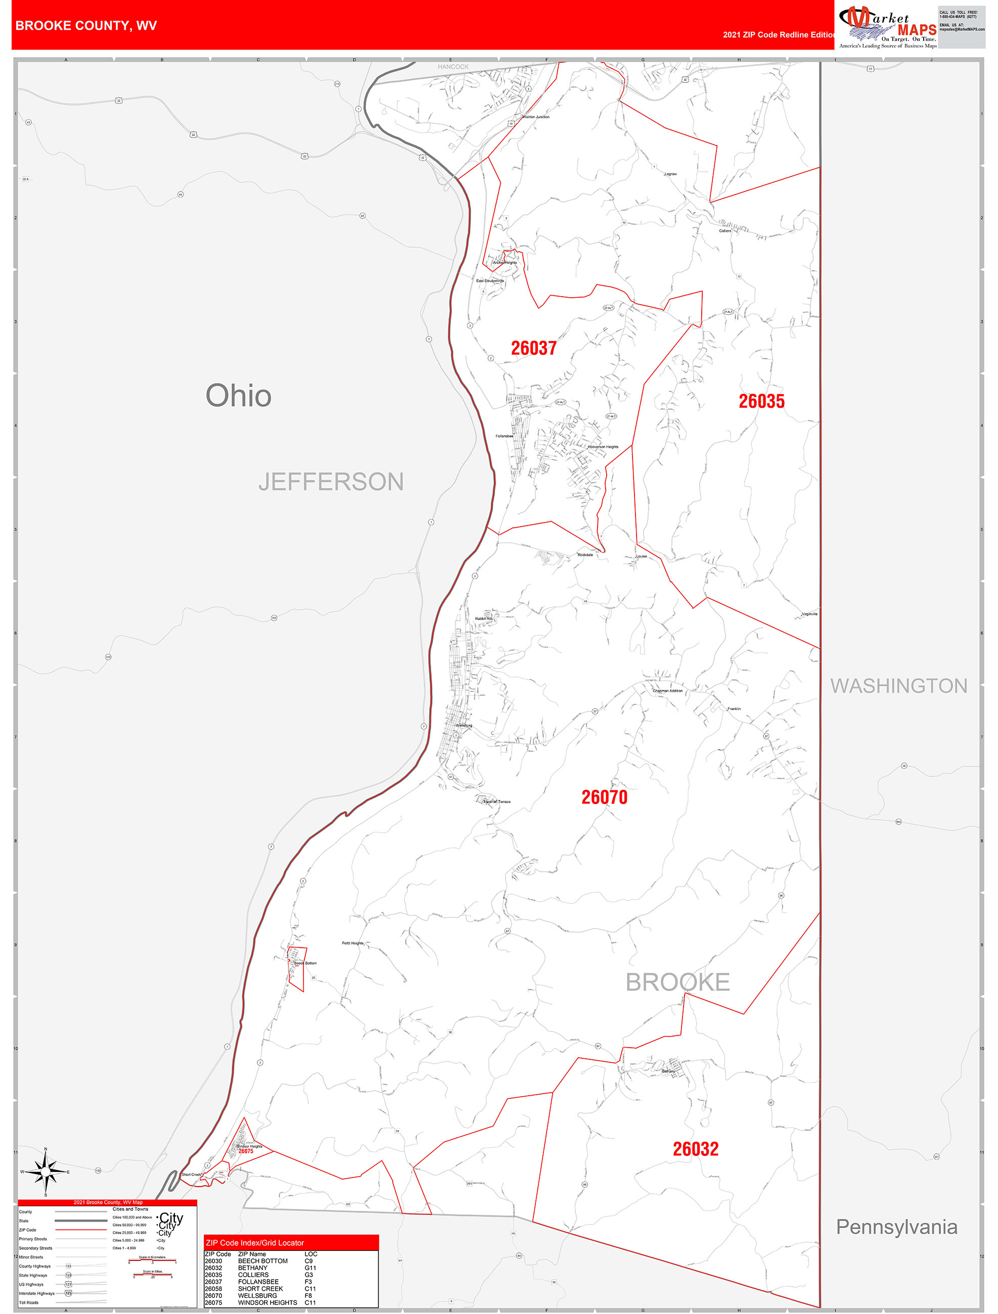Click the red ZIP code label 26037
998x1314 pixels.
(533, 348)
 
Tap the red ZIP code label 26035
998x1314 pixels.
(761, 402)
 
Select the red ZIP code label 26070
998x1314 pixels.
(604, 797)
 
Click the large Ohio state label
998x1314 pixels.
(238, 396)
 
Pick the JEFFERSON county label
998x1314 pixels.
(331, 482)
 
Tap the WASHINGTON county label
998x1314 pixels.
(898, 686)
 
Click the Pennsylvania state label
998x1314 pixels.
(896, 1227)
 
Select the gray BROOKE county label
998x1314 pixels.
(677, 982)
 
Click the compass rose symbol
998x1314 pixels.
(46, 1171)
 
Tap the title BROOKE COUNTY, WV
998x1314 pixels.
(86, 26)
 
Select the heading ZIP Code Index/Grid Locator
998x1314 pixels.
(254, 1243)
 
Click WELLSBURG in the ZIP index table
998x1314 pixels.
(257, 1296)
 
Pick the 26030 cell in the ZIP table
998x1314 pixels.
(213, 1260)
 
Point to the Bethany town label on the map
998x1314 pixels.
(668, 1071)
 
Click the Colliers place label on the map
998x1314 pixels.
(724, 230)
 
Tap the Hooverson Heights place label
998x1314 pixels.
(603, 447)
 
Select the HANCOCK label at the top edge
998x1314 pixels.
(453, 67)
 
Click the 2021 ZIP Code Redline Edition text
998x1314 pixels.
(778, 35)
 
